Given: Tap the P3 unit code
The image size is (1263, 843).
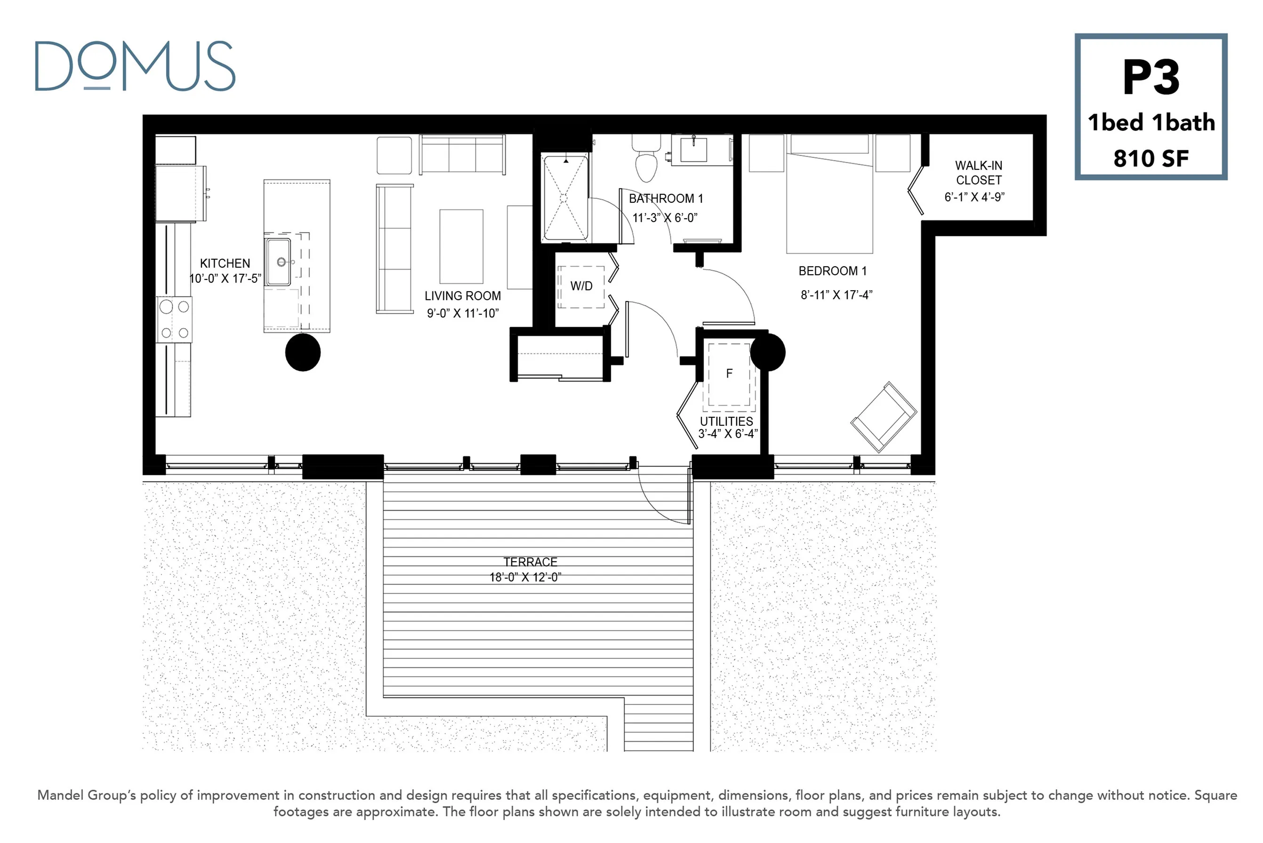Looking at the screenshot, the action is pos(1150,78).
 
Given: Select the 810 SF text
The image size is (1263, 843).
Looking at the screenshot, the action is pos(1150,158).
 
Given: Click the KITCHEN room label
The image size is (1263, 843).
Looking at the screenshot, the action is pos(225,263).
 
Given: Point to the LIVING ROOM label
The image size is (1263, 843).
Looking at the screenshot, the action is pos(463,296).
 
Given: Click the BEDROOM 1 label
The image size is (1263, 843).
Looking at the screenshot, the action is pos(832,271).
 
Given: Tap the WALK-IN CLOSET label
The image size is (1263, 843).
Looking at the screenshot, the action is pos(979,173).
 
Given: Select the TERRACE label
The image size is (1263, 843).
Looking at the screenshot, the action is pos(530,562).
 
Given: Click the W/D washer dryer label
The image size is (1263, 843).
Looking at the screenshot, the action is pos(581,286).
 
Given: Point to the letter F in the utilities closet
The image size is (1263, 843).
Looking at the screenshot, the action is pos(729,373).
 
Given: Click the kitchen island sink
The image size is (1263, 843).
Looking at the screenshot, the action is pos(279,262).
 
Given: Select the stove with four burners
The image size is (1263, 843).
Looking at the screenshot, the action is pos(174,319).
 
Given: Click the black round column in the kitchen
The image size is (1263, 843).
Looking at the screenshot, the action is pos(303,352).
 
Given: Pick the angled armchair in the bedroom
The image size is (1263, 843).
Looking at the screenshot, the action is pos(883,417).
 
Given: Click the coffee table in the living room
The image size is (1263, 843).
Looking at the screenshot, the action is pos(461,246).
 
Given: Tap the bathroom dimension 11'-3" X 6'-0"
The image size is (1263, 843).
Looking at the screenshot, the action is pos(665,218).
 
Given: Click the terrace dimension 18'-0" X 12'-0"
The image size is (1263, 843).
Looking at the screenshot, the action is pos(525,577).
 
